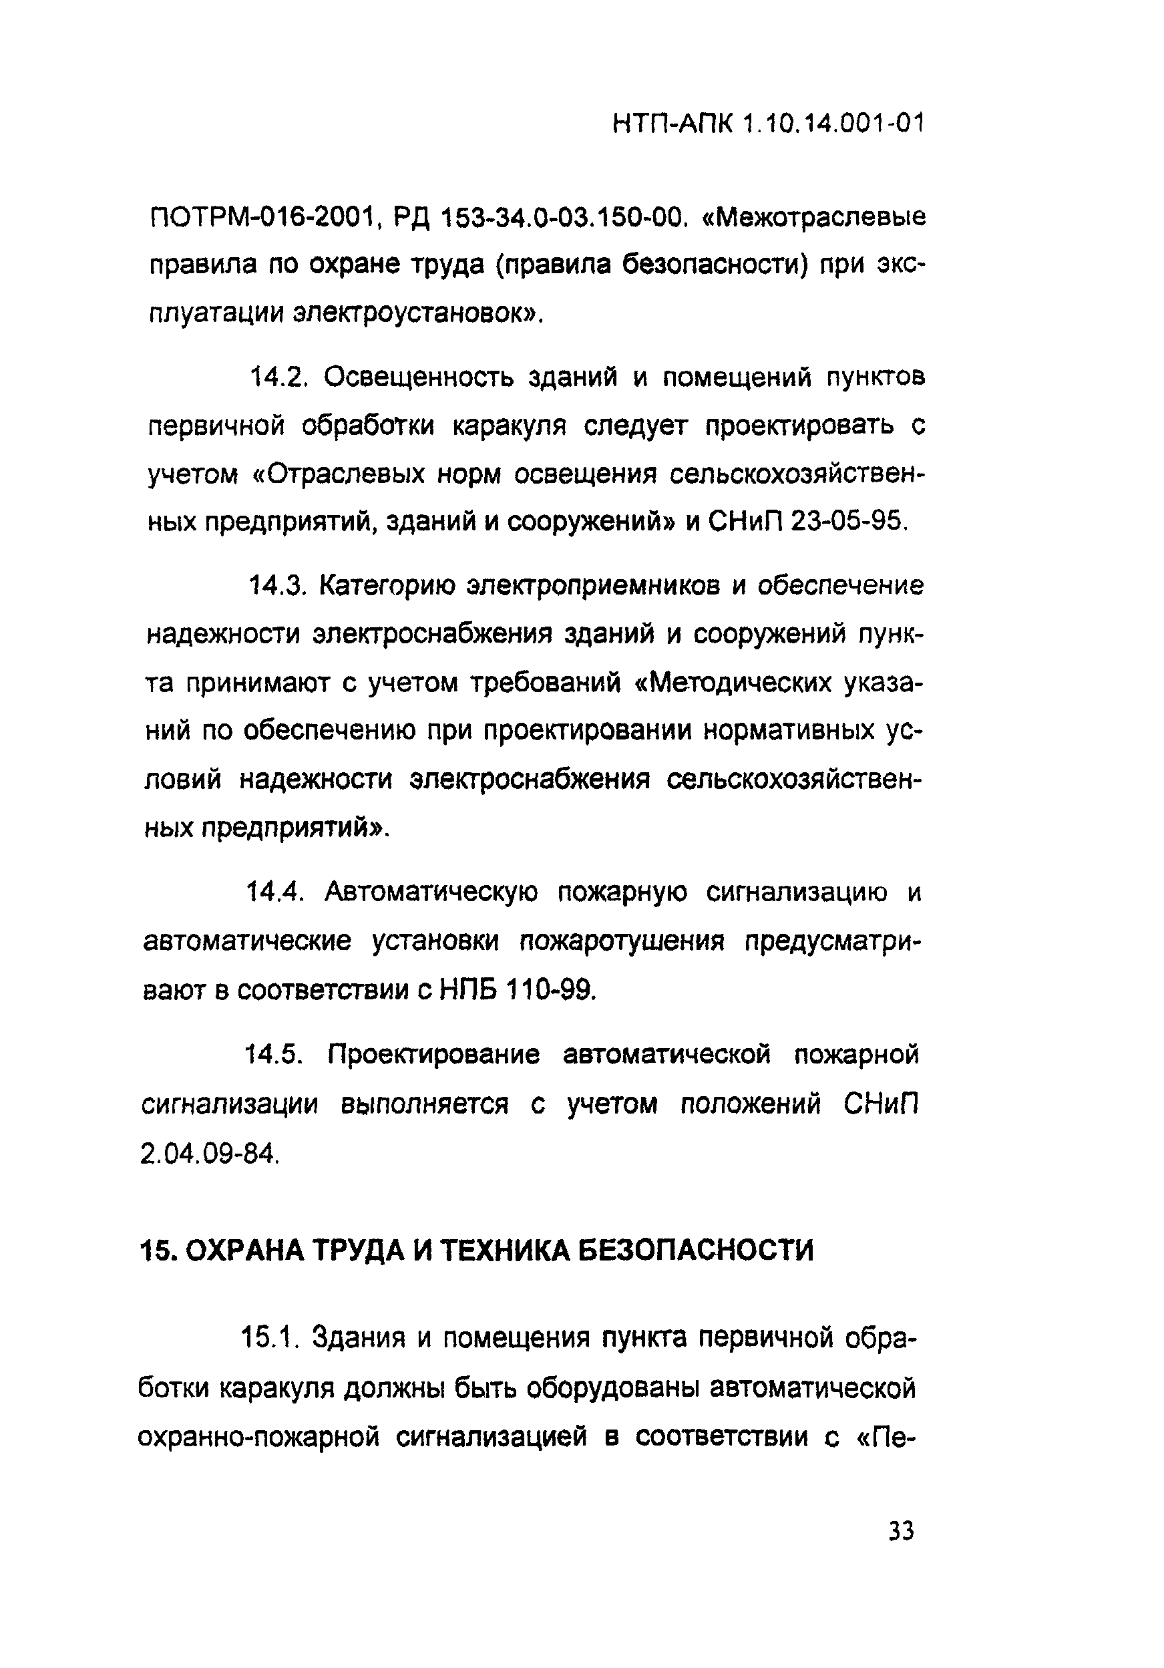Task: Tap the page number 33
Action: [900, 1530]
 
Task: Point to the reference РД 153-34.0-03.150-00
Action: [540, 217]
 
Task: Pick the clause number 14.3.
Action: [276, 586]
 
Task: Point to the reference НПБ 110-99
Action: [517, 989]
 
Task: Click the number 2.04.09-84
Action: [208, 1153]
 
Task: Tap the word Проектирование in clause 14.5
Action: [433, 1055]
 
